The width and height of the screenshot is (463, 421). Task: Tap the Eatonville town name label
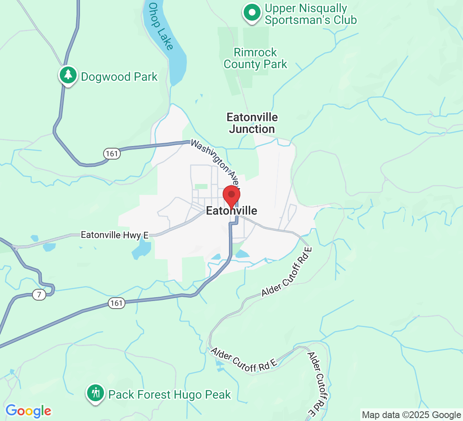click(231, 211)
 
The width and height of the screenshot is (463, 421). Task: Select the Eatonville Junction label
click(252, 123)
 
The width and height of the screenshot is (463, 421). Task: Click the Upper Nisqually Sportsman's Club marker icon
click(252, 13)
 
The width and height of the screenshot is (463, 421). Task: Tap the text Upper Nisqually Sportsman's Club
click(311, 14)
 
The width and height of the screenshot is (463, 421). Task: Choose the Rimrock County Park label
click(255, 59)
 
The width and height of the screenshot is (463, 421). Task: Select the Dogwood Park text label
click(119, 77)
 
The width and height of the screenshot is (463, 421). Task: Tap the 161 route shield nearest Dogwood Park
click(112, 154)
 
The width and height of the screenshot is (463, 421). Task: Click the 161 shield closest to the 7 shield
click(116, 303)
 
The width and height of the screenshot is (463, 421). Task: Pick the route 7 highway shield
click(39, 295)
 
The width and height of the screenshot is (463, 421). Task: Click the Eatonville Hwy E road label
click(114, 235)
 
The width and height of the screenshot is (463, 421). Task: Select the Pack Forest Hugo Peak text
click(170, 394)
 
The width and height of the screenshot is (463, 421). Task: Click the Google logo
click(28, 411)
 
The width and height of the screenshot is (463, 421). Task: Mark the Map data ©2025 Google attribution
click(412, 415)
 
